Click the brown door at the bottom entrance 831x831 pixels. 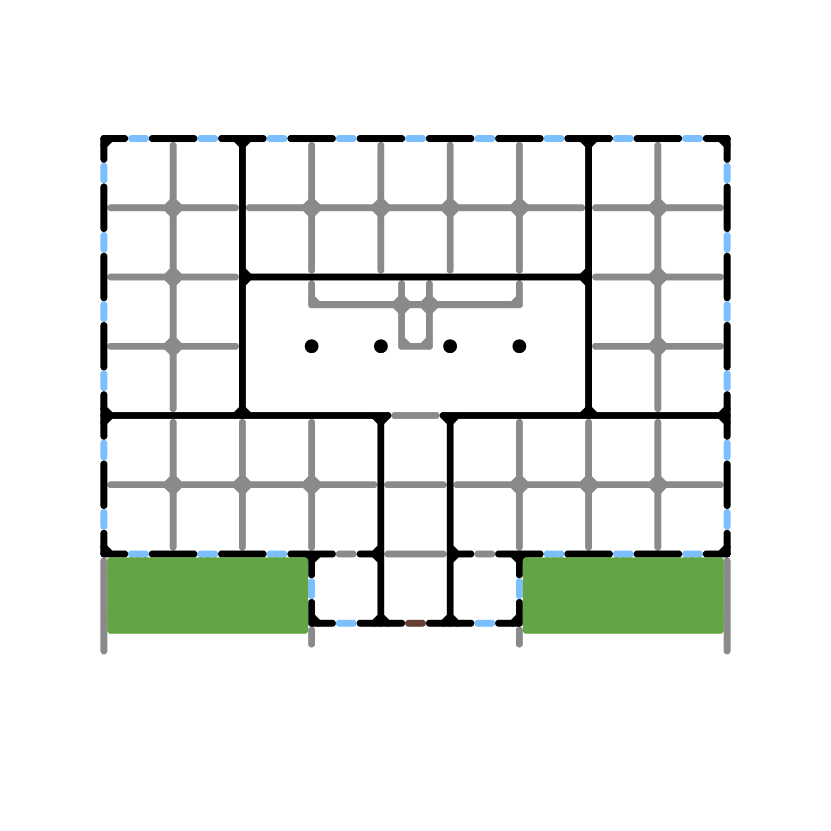pyautogui.click(x=415, y=623)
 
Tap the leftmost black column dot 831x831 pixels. pyautogui.click(x=312, y=346)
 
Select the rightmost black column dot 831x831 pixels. pyautogui.click(x=519, y=346)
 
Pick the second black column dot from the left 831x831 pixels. pyautogui.click(x=381, y=346)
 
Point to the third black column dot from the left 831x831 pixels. pyautogui.click(x=450, y=346)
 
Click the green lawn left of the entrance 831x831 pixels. pyautogui.click(x=208, y=595)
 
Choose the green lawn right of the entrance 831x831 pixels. pyautogui.click(x=623, y=595)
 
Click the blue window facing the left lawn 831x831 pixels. pyautogui.click(x=312, y=588)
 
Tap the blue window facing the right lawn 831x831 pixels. pyautogui.click(x=519, y=588)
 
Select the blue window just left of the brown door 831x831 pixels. pyautogui.click(x=346, y=623)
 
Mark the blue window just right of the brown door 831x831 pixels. pyautogui.click(x=485, y=623)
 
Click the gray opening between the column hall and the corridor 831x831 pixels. pyautogui.click(x=415, y=415)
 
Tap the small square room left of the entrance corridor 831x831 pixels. pyautogui.click(x=346, y=588)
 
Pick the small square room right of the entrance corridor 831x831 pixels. pyautogui.click(x=485, y=588)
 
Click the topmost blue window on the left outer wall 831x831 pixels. pyautogui.click(x=104, y=173)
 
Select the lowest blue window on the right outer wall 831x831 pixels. pyautogui.click(x=727, y=519)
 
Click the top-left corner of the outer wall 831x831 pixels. pyautogui.click(x=104, y=139)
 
